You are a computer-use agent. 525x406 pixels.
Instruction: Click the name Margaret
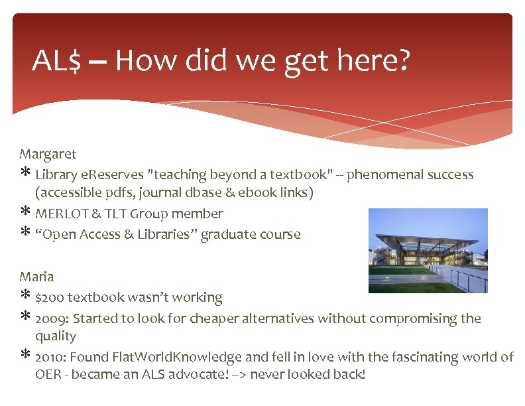click(48, 155)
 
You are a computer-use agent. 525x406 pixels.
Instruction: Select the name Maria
click(36, 277)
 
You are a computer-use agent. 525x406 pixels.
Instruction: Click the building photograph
click(428, 251)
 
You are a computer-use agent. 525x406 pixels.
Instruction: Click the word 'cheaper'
click(214, 318)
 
